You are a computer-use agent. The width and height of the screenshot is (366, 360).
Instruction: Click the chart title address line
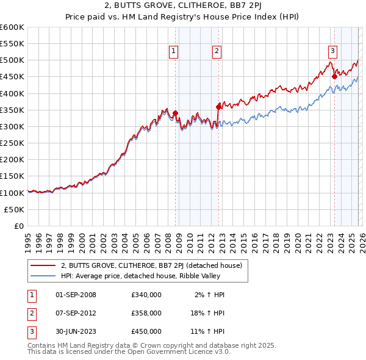coord(182,8)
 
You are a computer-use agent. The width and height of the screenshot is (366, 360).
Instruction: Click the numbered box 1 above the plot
coord(174,52)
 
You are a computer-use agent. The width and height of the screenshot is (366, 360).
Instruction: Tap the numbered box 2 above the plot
coord(217,52)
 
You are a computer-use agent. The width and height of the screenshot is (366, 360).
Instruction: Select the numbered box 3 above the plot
coord(333,52)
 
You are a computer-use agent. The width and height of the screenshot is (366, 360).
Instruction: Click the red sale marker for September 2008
coord(175,113)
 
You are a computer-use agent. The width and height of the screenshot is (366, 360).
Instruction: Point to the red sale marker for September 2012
coord(218,107)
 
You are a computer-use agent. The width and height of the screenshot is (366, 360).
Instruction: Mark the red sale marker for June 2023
coord(334,76)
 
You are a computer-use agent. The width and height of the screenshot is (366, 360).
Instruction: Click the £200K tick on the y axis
coord(13,159)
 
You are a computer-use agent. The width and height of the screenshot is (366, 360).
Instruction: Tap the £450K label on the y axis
coord(13,77)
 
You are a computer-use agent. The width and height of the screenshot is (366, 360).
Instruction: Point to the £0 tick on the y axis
coord(18,226)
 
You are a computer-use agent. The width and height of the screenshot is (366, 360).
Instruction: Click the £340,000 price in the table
coord(146,295)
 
